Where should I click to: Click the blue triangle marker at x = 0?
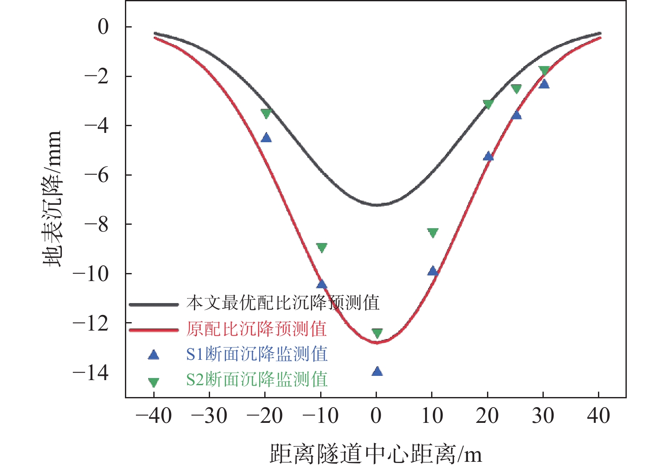pyautogui.click(x=377, y=372)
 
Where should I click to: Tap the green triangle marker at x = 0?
pyautogui.click(x=377, y=334)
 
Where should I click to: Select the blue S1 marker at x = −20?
pyautogui.click(x=266, y=138)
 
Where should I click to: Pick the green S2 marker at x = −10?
pyautogui.click(x=321, y=248)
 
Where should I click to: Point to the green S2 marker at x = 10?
pyautogui.click(x=432, y=233)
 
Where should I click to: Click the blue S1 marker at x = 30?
pyautogui.click(x=544, y=84)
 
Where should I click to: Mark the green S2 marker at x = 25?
pyautogui.click(x=516, y=88)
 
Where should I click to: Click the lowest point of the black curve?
pyautogui.click(x=377, y=205)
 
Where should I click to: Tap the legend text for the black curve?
pyautogui.click(x=282, y=303)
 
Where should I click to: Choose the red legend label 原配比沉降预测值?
pyautogui.click(x=256, y=329)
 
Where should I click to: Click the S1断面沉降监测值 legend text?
pyautogui.click(x=257, y=354)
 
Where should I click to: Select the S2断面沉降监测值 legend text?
pyautogui.click(x=257, y=379)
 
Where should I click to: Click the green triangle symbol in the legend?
pyautogui.click(x=153, y=382)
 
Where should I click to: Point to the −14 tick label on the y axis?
pyautogui.click(x=91, y=373)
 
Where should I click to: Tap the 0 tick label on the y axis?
pyautogui.click(x=103, y=27)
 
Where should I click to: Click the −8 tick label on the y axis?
pyautogui.click(x=97, y=224)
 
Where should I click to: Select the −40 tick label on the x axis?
pyautogui.click(x=154, y=416)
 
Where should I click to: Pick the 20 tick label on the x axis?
pyautogui.click(x=487, y=416)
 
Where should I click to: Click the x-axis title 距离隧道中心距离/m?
pyautogui.click(x=376, y=454)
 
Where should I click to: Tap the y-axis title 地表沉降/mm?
pyautogui.click(x=53, y=199)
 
